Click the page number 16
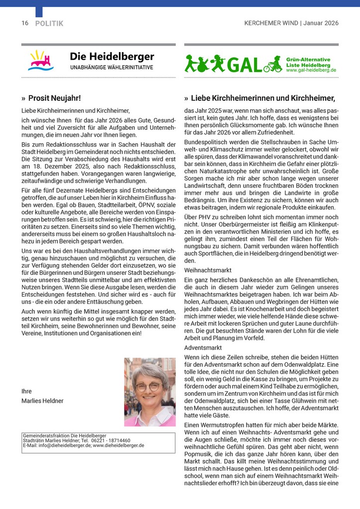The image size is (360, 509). point(25,23)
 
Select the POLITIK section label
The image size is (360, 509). point(49,23)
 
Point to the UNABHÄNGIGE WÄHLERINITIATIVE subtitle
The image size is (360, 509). point(111,68)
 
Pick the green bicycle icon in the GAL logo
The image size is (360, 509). point(273,66)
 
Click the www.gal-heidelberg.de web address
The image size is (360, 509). point(311,71)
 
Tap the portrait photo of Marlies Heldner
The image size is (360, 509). point(150,392)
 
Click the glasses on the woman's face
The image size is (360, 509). point(148,386)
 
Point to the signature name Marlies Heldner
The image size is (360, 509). point(43,401)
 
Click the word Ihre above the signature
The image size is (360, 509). point(26,391)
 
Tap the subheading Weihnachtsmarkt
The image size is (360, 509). point(208,270)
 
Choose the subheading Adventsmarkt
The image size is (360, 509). point(204,347)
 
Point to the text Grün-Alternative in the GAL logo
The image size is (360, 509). point(308,59)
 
